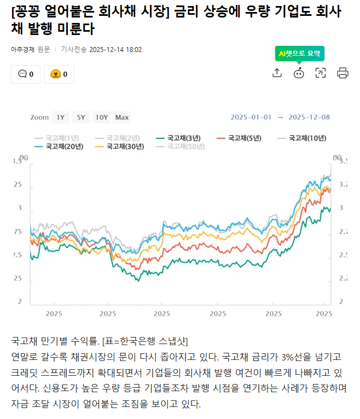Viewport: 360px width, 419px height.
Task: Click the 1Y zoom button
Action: [60, 117]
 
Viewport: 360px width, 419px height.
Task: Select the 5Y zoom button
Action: [80, 117]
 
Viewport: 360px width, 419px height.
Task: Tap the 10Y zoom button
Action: [101, 117]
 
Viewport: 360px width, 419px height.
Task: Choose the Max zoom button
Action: [122, 117]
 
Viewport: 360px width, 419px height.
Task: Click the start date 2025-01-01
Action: [251, 117]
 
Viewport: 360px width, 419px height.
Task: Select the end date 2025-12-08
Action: [309, 117]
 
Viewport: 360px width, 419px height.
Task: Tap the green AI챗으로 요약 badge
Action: [300, 54]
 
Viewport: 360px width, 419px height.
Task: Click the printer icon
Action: [342, 73]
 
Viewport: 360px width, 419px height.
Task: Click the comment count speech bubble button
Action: [26, 74]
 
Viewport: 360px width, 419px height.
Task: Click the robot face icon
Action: [299, 73]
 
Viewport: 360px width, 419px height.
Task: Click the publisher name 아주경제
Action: [22, 49]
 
